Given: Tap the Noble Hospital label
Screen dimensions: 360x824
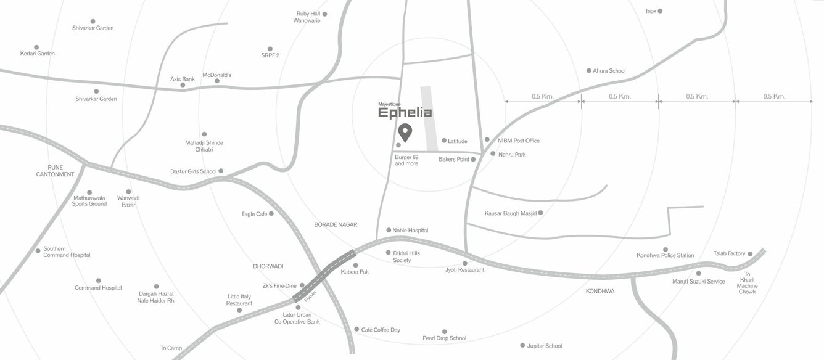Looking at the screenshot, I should pos(410,231).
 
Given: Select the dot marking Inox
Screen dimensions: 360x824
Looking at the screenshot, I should pos(660,11).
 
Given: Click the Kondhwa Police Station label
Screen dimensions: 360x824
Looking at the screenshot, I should pos(665,255).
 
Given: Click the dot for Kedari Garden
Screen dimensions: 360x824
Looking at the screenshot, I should pos(36,47).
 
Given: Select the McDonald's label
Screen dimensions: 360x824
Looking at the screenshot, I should pos(217,75).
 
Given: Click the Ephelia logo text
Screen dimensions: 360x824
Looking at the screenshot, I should pos(405,113).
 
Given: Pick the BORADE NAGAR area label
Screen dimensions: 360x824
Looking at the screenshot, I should pos(336,225).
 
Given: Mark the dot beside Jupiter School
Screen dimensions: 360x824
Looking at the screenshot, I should pos(522,346).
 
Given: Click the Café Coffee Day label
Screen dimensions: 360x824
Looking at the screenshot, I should pos(381,330).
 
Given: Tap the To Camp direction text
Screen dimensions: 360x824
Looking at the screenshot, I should pos(171,348).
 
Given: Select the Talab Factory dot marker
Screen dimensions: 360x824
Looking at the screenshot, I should pos(750,253).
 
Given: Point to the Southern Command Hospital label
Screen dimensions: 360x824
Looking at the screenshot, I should pos(67,252).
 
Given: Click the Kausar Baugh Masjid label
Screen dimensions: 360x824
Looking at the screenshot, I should pos(509,213).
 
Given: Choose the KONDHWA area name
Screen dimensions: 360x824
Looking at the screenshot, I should pos(600,291).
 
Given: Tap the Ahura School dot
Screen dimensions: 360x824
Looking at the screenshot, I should pos(589,71).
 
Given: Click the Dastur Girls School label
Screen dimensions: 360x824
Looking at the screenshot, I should pos(194,171).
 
